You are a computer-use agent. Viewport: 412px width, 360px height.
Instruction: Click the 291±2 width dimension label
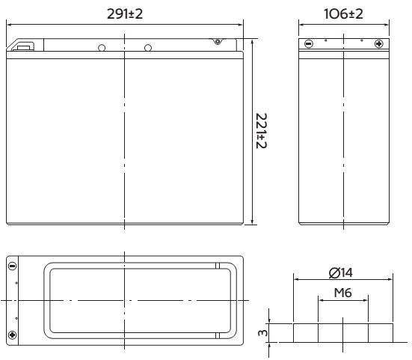pyautogui.click(x=125, y=14)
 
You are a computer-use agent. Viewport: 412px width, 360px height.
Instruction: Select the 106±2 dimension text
pyautogui.click(x=343, y=14)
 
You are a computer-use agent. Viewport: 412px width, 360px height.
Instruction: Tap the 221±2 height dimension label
pyautogui.click(x=261, y=131)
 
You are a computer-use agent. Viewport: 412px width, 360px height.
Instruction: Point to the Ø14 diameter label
pyautogui.click(x=341, y=272)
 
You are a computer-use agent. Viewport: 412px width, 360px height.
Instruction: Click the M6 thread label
pyautogui.click(x=342, y=293)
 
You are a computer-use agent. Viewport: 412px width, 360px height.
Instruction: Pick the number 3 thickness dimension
pyautogui.click(x=262, y=333)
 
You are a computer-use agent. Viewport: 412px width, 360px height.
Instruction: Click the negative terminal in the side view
pyautogui.click(x=309, y=43)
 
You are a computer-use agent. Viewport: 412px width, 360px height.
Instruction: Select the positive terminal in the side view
pyautogui.click(x=378, y=43)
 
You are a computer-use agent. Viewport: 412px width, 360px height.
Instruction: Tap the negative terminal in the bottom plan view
pyautogui.click(x=13, y=266)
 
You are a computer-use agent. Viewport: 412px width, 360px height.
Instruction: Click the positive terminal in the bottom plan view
pyautogui.click(x=13, y=335)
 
